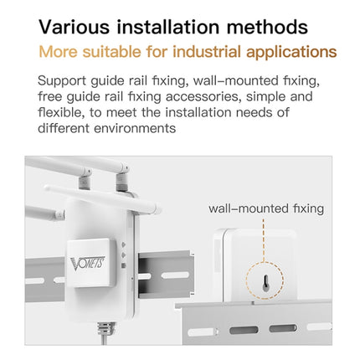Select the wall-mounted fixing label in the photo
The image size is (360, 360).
pyautogui.click(x=266, y=208)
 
